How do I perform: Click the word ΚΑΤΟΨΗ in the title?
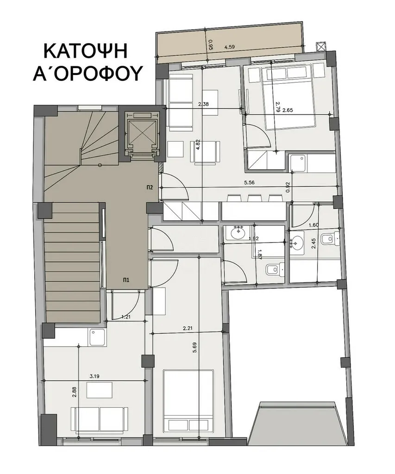pos(86,51)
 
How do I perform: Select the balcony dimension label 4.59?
pos(230,47)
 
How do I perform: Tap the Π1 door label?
pos(126,280)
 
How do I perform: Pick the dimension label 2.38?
pos(204,105)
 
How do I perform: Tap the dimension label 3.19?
pos(94,376)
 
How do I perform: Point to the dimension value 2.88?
pos(75,396)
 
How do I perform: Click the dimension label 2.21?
pos(188,328)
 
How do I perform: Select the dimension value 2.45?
pos(313,243)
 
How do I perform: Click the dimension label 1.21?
pos(125,317)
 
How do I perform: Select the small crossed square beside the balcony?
pos(320,46)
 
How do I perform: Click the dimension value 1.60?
pos(313,225)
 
